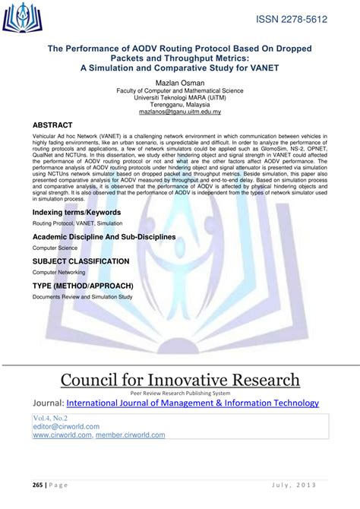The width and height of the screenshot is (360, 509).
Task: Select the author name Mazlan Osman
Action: [x=179, y=81]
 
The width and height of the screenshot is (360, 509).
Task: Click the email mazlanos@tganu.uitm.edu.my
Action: [x=179, y=112]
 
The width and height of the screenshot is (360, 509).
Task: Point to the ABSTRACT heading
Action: [x=52, y=125]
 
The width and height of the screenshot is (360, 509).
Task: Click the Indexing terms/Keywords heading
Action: [x=77, y=212]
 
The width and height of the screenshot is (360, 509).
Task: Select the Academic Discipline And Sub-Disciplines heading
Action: [x=104, y=237]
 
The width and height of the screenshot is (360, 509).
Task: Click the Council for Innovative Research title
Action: [x=180, y=380]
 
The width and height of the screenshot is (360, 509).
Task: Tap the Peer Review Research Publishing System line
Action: [x=180, y=394]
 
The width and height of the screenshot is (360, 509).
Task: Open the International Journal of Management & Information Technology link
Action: [x=193, y=403]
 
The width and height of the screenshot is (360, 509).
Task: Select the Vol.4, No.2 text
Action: [x=50, y=418]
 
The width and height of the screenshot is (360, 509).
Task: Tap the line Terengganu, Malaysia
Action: [x=179, y=105]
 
